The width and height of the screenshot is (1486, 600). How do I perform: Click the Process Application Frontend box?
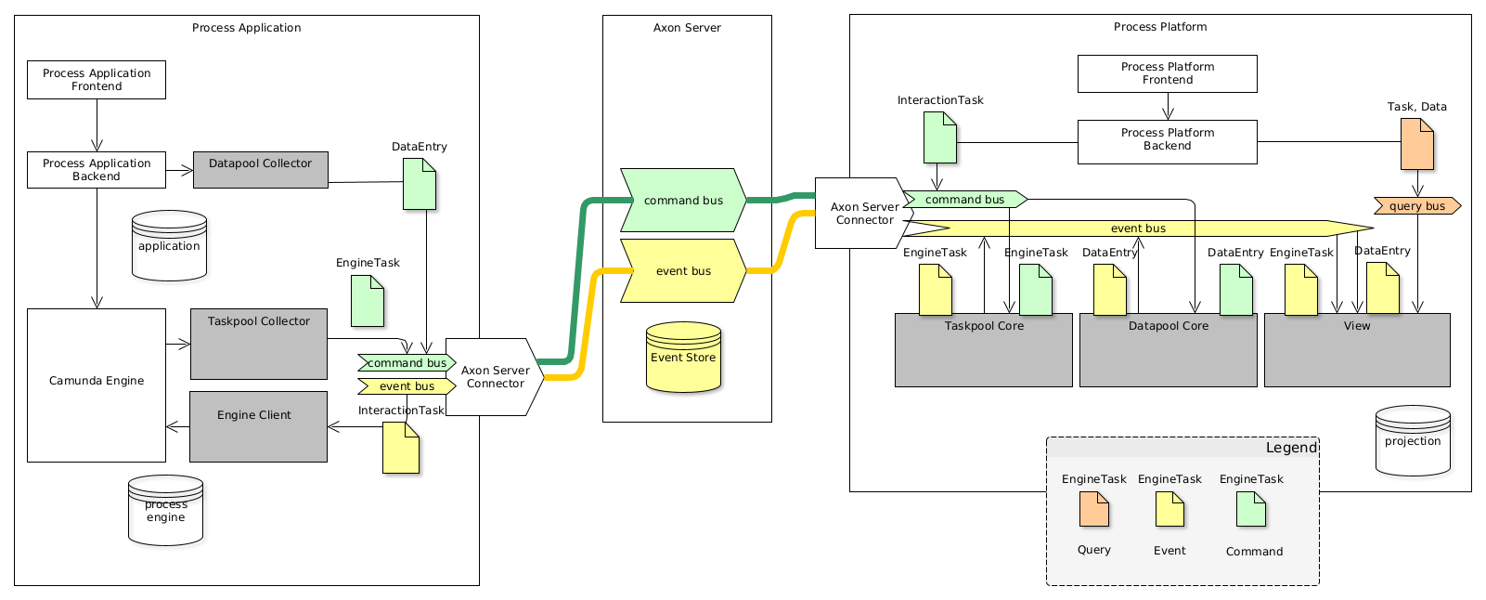tap(97, 80)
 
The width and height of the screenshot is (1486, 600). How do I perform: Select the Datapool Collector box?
tap(261, 170)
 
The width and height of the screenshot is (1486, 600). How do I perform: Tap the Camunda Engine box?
tap(97, 385)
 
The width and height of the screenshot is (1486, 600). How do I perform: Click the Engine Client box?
tap(258, 426)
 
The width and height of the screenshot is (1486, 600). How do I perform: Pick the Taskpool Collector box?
tap(259, 344)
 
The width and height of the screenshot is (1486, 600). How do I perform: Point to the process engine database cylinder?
tap(165, 511)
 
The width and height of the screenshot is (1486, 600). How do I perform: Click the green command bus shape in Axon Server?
tap(683, 200)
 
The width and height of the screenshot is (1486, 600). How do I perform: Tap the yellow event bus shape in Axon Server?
tap(683, 270)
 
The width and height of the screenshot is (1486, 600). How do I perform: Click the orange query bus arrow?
tap(1417, 205)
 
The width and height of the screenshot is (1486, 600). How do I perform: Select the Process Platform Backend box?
tap(1167, 142)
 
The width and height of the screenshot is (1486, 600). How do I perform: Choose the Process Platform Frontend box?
tap(1167, 73)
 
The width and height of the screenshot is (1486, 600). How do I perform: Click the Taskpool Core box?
tap(983, 350)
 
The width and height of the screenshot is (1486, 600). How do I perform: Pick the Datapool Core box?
tap(1168, 350)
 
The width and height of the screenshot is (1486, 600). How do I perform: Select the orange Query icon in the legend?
tap(1094, 509)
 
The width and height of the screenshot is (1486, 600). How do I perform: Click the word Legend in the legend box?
tap(1291, 448)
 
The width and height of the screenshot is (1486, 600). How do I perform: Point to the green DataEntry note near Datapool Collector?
tap(420, 183)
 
